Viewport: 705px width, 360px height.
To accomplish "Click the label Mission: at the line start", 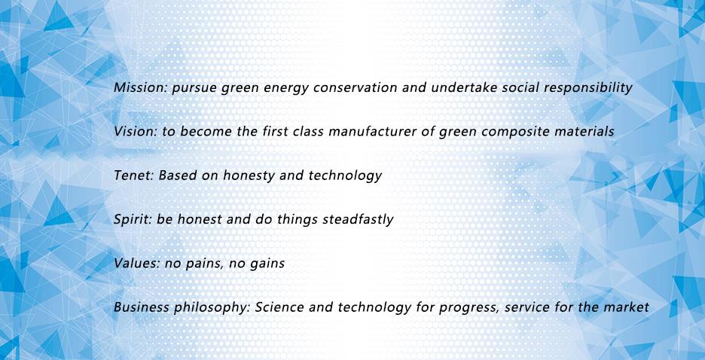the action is click(x=141, y=87).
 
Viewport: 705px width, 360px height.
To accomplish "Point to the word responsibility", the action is click(x=588, y=88).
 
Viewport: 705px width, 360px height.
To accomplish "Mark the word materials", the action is click(x=579, y=131).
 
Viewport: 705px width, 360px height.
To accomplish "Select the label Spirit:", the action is click(x=133, y=220).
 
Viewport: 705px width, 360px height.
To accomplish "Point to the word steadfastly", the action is click(x=358, y=219).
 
